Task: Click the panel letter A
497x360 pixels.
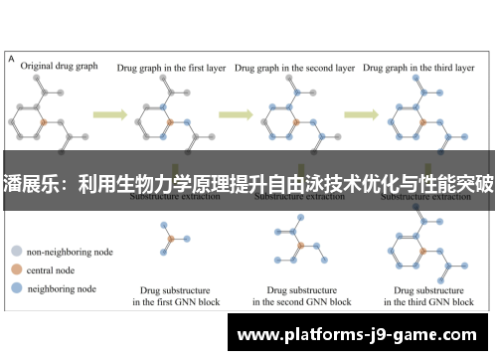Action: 11,60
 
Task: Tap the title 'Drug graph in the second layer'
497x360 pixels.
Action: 294,69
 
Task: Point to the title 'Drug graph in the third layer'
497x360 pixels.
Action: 418,69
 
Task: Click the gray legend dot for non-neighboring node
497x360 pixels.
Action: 16,253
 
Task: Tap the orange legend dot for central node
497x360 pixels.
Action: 16,270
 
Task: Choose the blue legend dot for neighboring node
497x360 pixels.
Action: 16,288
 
